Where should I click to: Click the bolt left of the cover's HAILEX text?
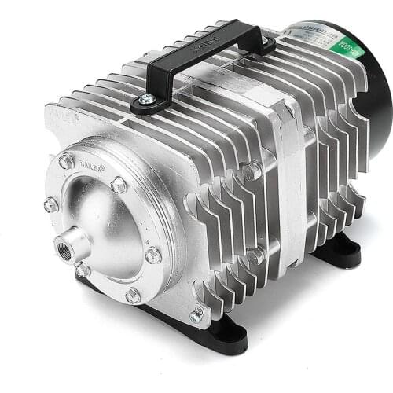point(67,161)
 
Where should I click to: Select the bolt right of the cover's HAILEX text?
point(119,185)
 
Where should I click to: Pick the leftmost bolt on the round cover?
point(51,205)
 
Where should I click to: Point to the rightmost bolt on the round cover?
point(152,255)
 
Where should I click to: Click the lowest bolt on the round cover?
point(133,296)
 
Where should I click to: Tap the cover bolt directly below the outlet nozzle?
point(82,270)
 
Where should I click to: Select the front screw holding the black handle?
point(146,100)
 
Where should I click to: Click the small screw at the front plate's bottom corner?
point(195,317)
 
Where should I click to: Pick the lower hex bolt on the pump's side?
point(253,255)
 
